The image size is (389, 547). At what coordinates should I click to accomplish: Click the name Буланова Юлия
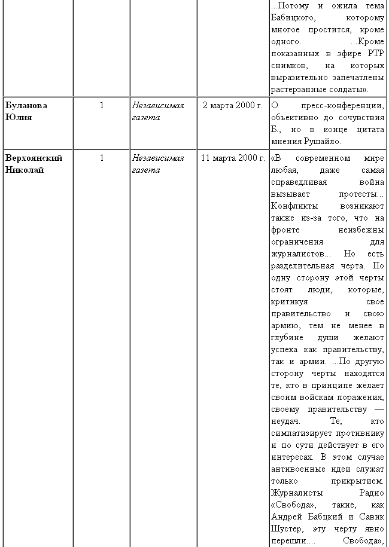26,111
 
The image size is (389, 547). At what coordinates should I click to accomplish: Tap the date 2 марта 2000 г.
233,105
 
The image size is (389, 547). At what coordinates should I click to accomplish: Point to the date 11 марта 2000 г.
233,158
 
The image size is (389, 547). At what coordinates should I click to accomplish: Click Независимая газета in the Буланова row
157,111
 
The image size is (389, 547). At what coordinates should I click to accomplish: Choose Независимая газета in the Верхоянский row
157,164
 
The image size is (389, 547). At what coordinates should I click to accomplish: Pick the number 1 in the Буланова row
102,105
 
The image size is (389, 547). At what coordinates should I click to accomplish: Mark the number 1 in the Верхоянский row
102,158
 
